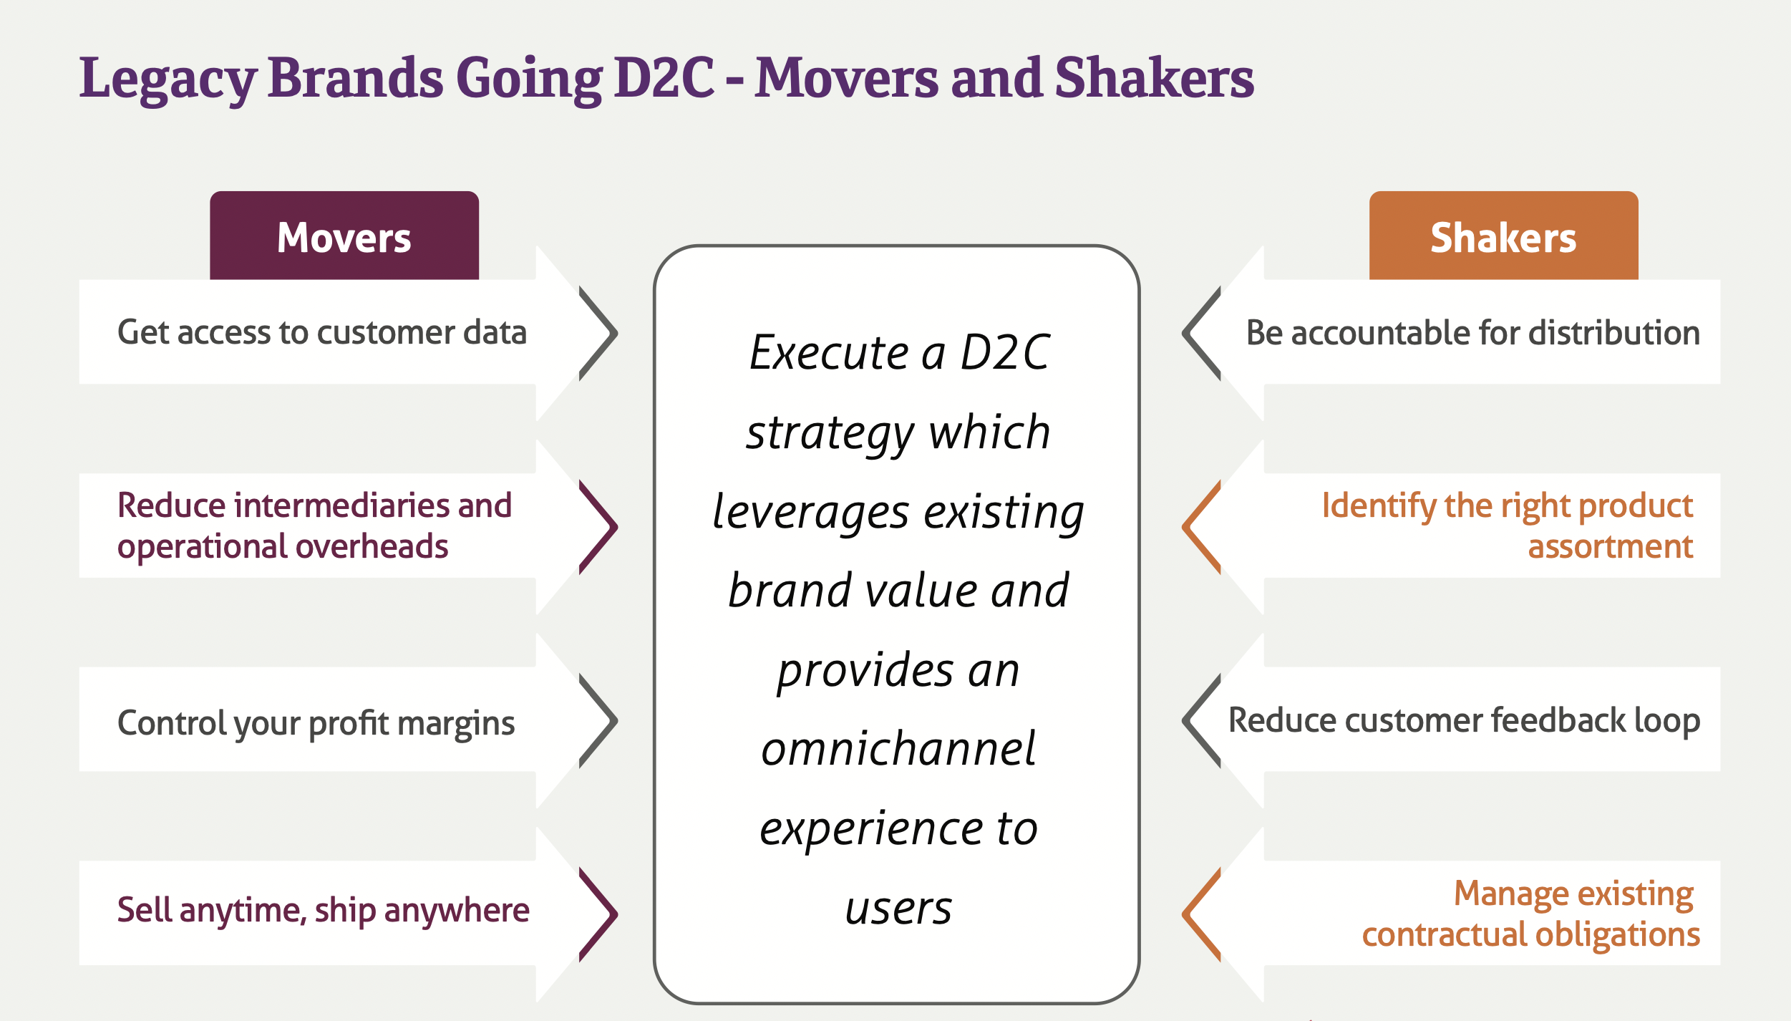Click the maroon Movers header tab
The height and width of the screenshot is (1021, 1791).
tap(344, 236)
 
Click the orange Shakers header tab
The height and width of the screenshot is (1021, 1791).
tap(1503, 236)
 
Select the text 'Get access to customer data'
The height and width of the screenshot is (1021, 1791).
tap(322, 332)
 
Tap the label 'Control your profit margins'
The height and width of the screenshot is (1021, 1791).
tap(316, 723)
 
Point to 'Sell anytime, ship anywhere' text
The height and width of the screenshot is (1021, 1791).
tap(324, 911)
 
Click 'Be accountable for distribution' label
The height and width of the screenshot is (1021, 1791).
tap(1473, 333)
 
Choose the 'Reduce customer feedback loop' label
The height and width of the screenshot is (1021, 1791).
tap(1465, 720)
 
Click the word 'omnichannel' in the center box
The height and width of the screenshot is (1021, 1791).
tap(898, 749)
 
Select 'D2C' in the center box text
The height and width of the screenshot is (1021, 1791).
tap(1005, 352)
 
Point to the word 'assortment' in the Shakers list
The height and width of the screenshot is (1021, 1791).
tap(1611, 547)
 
